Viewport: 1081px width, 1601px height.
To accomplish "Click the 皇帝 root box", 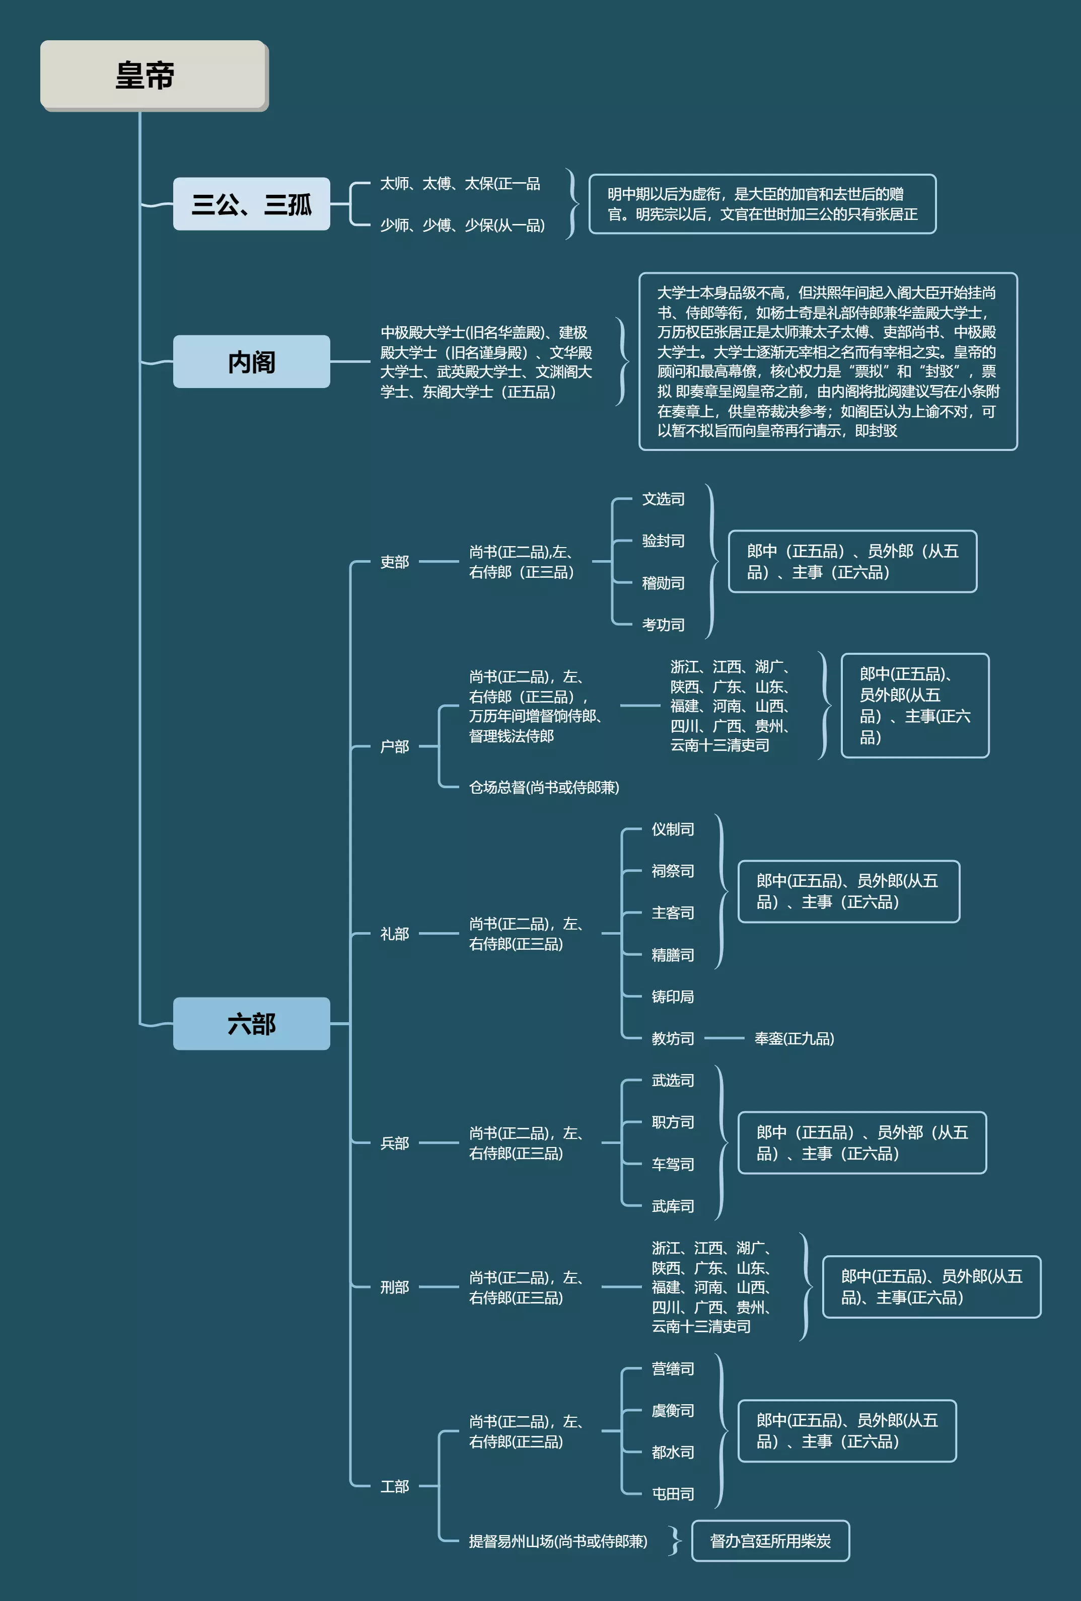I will click(153, 74).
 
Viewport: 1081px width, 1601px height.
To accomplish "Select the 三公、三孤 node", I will click(251, 204).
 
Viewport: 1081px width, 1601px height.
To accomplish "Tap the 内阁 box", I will click(251, 362).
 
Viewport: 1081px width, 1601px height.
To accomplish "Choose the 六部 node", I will click(251, 1024).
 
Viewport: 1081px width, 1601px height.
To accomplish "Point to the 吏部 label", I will click(395, 562).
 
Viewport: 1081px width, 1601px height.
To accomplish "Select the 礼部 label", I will click(395, 934).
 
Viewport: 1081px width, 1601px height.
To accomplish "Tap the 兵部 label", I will click(395, 1143).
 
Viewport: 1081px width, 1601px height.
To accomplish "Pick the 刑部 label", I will click(395, 1287).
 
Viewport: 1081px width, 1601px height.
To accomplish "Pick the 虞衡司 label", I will click(673, 1411).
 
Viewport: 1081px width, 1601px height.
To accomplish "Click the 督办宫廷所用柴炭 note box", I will click(770, 1541).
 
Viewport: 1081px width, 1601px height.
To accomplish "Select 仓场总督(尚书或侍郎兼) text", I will click(544, 787).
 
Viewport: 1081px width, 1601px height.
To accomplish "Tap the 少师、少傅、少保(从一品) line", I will click(462, 225).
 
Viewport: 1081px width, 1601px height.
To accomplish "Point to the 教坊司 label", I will click(673, 1039).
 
